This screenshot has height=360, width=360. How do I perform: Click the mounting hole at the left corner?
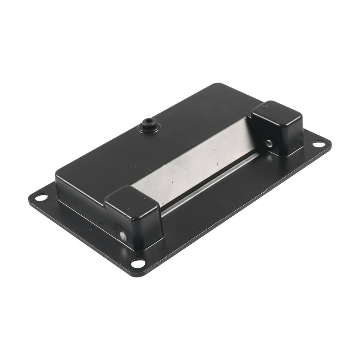[x=41, y=197]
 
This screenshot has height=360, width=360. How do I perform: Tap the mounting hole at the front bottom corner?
[x=138, y=263]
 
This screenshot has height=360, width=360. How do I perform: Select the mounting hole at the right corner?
[x=318, y=144]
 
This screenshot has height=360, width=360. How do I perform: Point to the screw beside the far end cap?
[x=269, y=144]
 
